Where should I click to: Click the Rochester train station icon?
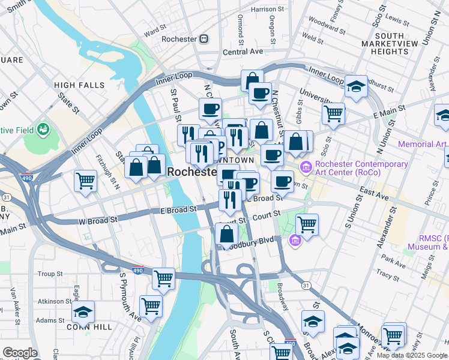(x=204, y=39)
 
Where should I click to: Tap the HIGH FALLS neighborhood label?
(x=79, y=85)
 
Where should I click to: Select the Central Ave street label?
(x=243, y=52)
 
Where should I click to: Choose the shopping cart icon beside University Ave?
(x=333, y=112)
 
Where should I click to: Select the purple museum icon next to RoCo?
(x=306, y=166)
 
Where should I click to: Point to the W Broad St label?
(x=98, y=220)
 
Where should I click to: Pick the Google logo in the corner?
(x=20, y=353)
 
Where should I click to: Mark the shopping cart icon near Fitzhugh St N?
(x=86, y=180)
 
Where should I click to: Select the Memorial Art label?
(x=423, y=145)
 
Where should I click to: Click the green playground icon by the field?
(x=43, y=129)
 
